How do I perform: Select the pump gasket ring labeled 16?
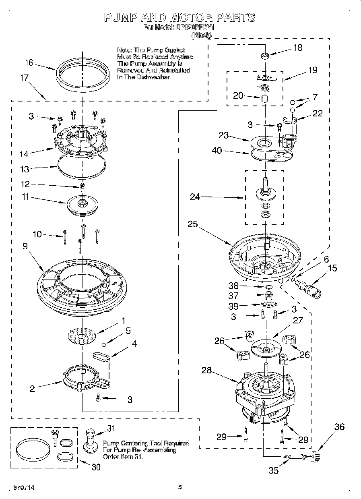tap(83, 74)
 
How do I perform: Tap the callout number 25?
tap(193, 224)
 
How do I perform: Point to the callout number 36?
tap(340, 427)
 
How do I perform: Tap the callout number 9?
tap(25, 246)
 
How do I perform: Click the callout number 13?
tap(25, 170)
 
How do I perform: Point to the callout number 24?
tap(195, 197)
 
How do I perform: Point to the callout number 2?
tap(32, 389)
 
